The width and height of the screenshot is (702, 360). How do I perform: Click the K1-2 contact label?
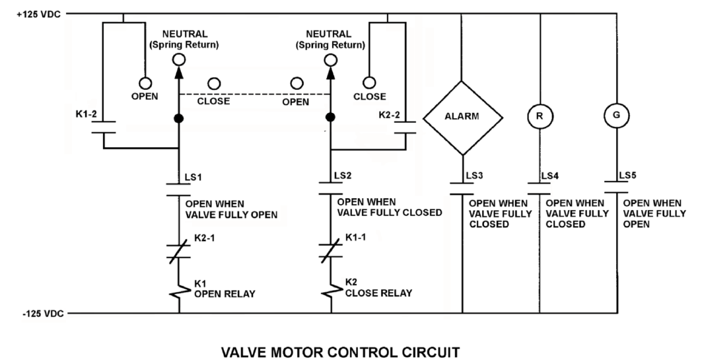(86, 115)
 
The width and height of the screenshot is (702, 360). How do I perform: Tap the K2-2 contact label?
(389, 115)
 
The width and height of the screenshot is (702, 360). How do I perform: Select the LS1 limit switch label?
(193, 177)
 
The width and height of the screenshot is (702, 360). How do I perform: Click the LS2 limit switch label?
(343, 176)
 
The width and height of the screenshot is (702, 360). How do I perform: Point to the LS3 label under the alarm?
(475, 176)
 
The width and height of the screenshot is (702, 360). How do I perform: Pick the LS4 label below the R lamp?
(550, 176)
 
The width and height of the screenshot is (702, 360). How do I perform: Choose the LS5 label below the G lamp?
(627, 175)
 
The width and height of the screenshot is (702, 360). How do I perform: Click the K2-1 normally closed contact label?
(205, 238)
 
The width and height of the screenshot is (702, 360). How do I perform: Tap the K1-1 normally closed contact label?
(355, 237)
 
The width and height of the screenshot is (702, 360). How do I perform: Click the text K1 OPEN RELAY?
(225, 289)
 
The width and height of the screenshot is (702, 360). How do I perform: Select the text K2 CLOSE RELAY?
(378, 288)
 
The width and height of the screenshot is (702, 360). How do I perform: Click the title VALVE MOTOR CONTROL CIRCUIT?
(340, 352)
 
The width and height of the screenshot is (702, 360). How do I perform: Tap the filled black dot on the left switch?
(178, 118)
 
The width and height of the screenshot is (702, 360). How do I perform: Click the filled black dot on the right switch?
(330, 118)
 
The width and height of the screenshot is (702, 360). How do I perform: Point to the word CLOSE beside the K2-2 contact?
(369, 96)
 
